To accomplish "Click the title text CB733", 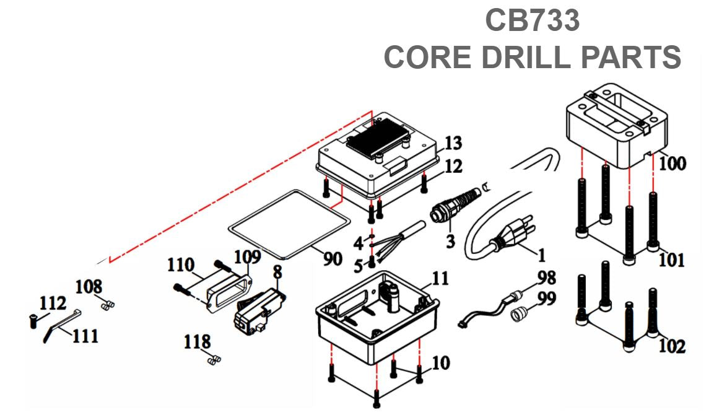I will [x=532, y=20].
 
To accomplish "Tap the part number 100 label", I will [x=672, y=164].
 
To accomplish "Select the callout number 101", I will [x=671, y=260].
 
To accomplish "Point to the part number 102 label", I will [x=672, y=346].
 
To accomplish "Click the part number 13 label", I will [x=453, y=144].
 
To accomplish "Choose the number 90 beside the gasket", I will [x=333, y=258].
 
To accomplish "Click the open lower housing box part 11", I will [x=378, y=322].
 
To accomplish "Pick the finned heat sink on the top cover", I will [x=374, y=138].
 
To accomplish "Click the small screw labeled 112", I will [x=33, y=320].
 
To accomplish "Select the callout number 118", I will [x=197, y=341].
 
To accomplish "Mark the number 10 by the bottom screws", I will [x=441, y=362].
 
